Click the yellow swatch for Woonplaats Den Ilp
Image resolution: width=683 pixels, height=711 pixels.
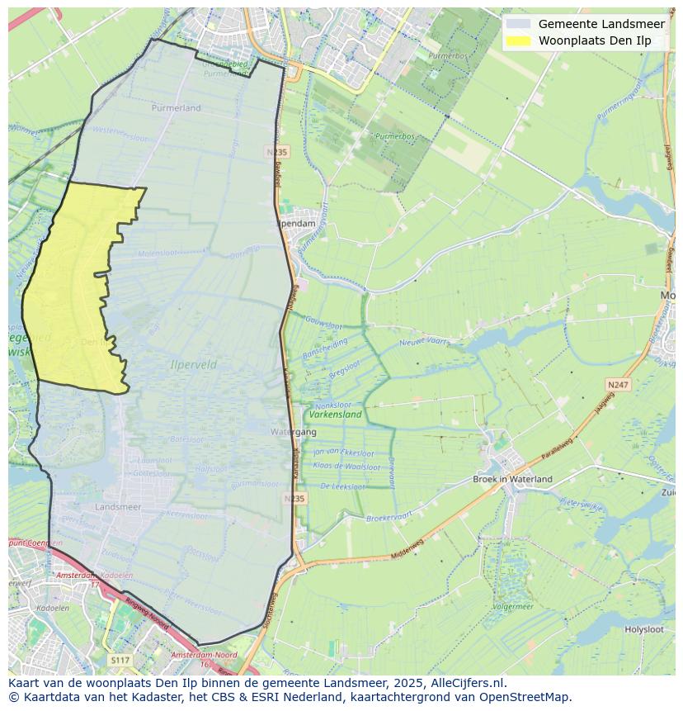tap(518, 40)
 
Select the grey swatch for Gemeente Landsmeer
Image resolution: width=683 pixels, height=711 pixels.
tap(518, 24)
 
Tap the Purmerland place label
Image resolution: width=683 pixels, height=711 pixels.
tap(177, 108)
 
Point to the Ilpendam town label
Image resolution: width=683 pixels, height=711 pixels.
tap(297, 224)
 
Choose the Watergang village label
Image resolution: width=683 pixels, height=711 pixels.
tap(293, 432)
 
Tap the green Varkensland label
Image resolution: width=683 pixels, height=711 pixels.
tap(335, 415)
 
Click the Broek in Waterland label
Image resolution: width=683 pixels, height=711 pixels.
tap(512, 479)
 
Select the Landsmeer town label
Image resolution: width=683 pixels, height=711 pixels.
tap(118, 506)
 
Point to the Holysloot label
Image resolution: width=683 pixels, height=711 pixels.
tap(643, 629)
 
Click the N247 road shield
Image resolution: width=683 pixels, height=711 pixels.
tap(617, 385)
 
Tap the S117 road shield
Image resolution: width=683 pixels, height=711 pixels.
tap(120, 661)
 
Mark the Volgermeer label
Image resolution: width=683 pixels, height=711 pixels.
tap(512, 607)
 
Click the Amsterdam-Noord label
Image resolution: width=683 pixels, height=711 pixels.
tap(204, 655)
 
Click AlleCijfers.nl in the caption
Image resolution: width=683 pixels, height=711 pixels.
tap(468, 683)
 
